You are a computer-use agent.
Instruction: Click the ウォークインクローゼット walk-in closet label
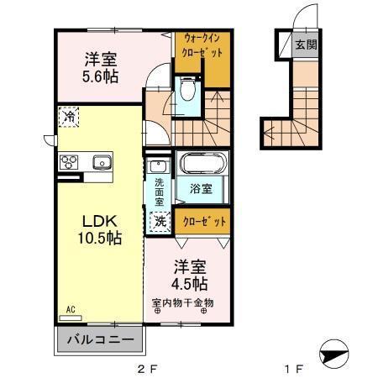click(x=201, y=45)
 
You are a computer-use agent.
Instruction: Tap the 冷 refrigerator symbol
click(x=70, y=118)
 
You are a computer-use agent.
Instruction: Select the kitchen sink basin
click(x=102, y=161)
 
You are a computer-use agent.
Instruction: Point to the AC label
click(x=71, y=310)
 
